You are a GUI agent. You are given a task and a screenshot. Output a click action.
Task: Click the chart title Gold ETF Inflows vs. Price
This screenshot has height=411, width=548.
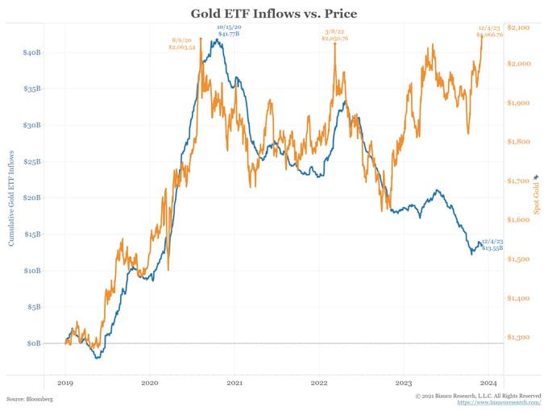[273, 13]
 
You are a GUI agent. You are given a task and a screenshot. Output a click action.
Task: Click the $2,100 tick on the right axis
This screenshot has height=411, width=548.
[518, 27]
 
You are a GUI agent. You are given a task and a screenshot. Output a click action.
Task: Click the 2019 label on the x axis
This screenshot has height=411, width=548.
[66, 384]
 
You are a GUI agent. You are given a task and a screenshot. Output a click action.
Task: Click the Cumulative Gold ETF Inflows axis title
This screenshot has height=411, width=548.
[11, 197]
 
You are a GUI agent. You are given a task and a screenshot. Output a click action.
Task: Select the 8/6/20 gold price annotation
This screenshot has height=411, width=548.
[184, 44]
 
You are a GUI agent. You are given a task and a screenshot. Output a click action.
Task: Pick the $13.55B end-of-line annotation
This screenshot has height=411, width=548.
[492, 245]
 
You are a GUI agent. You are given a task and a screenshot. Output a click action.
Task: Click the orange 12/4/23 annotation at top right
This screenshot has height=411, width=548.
[490, 32]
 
